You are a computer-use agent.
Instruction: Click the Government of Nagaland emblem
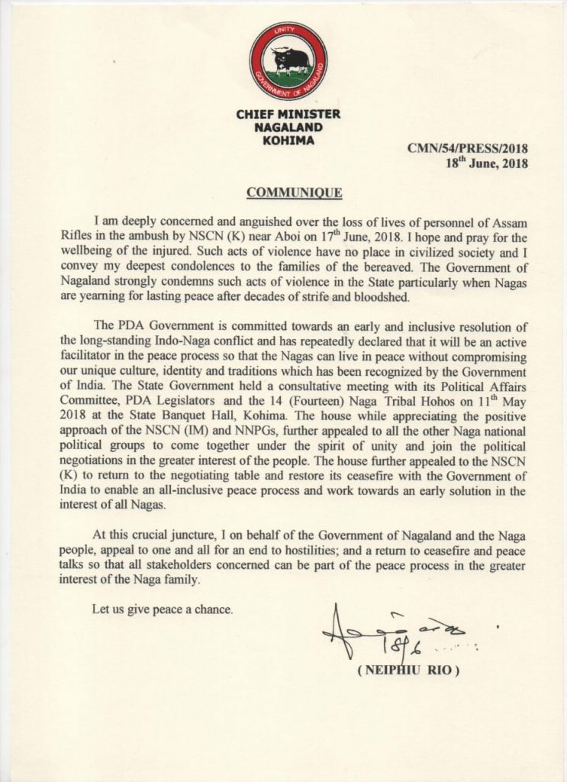(288, 61)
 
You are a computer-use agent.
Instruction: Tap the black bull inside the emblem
(291, 60)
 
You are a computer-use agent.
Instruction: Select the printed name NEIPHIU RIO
(408, 671)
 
